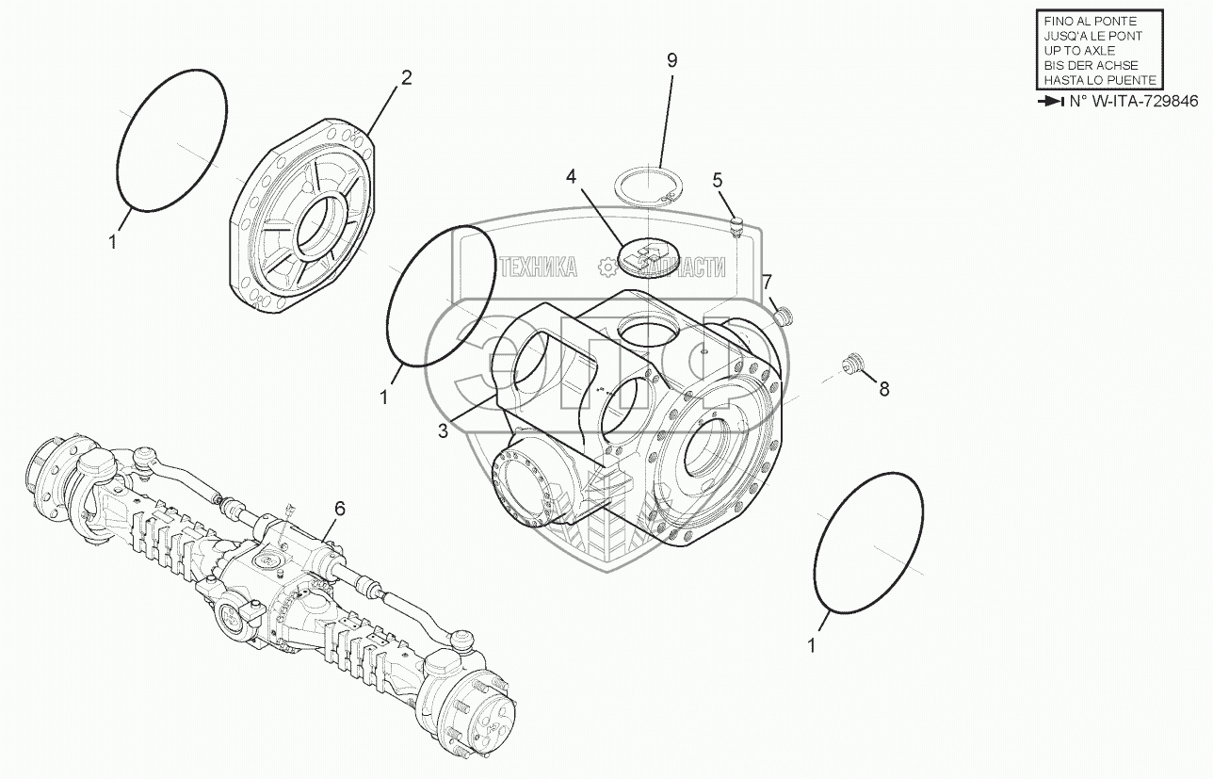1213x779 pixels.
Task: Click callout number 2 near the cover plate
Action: pos(406,78)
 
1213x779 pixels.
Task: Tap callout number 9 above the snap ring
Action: pos(671,60)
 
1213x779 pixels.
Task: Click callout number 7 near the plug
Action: pos(768,281)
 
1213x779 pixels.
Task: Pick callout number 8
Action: pos(883,388)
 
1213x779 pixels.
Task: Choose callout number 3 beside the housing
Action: pos(442,430)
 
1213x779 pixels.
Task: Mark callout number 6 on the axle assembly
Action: pos(339,509)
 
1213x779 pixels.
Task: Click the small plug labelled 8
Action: pos(854,363)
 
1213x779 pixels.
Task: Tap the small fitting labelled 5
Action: pos(738,225)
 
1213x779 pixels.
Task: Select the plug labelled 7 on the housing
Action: pos(782,314)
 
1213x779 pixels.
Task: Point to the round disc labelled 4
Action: pos(645,256)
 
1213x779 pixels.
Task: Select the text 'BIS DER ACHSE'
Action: pos(1092,66)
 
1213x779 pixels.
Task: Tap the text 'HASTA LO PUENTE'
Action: pos(1099,81)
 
